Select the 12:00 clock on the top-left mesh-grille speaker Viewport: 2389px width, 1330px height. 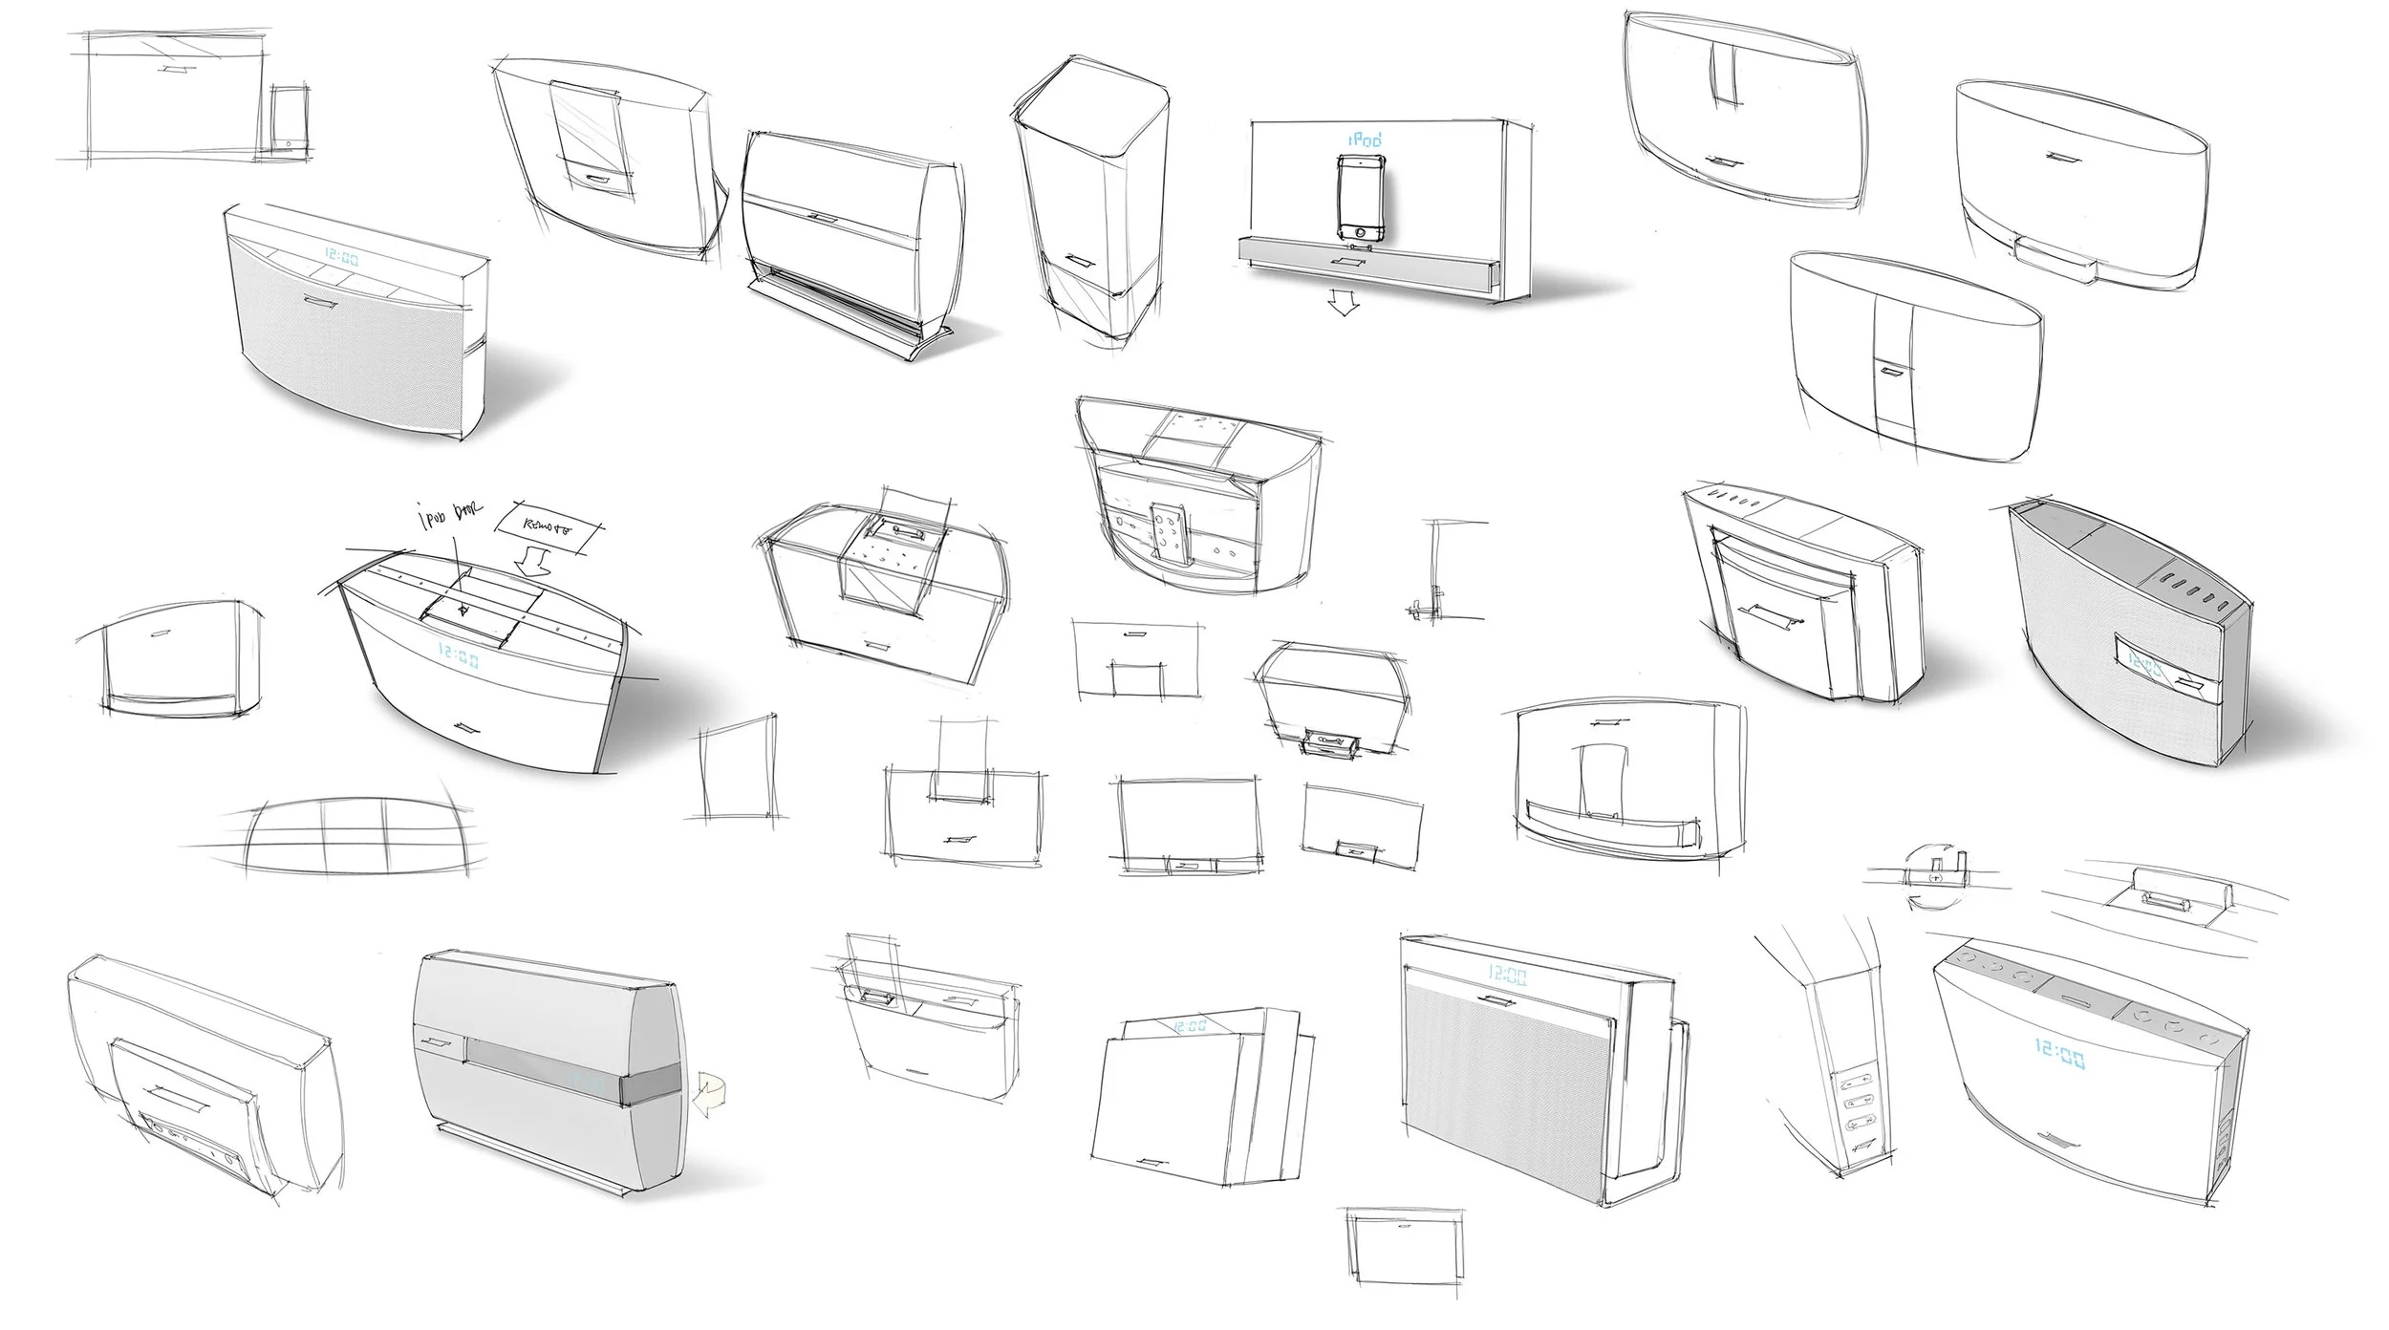point(341,257)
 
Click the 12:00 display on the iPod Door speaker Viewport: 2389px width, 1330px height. point(460,656)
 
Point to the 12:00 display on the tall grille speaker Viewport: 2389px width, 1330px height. point(1507,976)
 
